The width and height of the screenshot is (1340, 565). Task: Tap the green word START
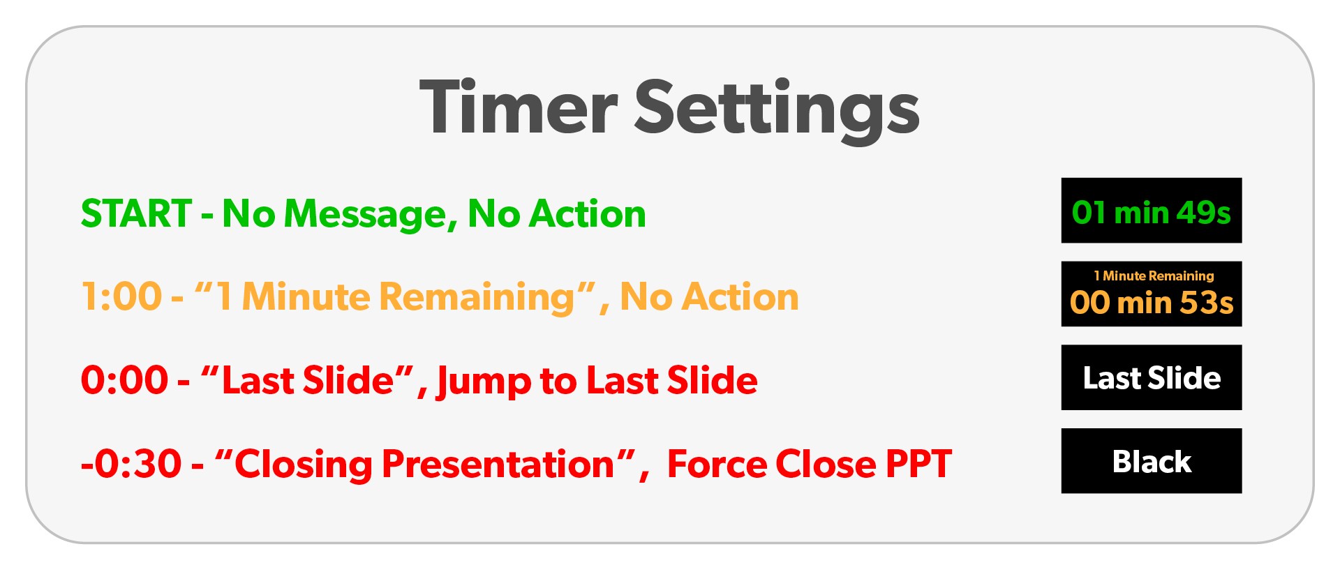tap(137, 213)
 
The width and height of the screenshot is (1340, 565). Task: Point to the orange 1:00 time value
tap(122, 296)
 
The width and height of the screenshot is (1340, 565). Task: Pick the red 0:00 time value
tap(124, 380)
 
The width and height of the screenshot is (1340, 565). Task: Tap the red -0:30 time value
tap(131, 464)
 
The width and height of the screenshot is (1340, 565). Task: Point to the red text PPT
tap(918, 464)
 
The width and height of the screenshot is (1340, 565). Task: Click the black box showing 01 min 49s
tap(1152, 211)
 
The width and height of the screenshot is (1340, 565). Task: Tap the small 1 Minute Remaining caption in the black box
tap(1154, 276)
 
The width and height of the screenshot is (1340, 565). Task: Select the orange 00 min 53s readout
tap(1152, 303)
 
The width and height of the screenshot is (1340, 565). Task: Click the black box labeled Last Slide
tap(1152, 377)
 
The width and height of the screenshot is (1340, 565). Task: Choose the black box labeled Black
tap(1152, 461)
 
